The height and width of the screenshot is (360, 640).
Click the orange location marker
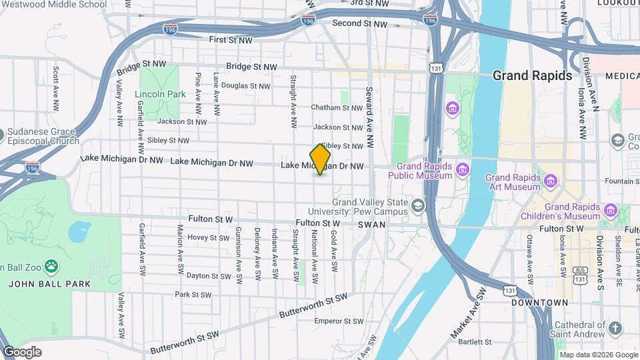[320, 159]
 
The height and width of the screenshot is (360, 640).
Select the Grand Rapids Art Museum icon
[551, 181]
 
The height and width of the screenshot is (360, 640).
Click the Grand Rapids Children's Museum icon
[610, 211]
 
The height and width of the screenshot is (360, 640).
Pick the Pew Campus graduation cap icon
[418, 205]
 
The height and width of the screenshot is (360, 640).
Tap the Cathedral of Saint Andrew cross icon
[615, 329]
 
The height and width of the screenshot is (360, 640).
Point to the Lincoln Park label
[160, 95]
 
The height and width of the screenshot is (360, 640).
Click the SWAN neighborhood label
[371, 225]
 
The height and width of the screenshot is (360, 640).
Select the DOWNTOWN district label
[540, 303]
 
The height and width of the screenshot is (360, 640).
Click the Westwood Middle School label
[53, 5]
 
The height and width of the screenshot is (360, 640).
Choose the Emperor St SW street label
[339, 321]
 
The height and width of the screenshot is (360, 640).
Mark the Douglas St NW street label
[245, 86]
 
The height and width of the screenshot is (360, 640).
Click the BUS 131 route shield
[581, 275]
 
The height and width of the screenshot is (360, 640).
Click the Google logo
[22, 352]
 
